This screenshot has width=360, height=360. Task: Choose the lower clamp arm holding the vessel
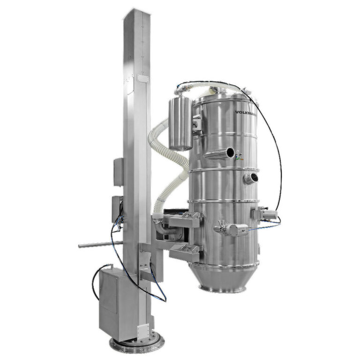click(x=185, y=251)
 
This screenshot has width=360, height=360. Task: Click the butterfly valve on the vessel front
click(x=232, y=229)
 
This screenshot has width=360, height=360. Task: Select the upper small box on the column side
click(x=118, y=172)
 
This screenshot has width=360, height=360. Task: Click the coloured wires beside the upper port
click(x=240, y=155)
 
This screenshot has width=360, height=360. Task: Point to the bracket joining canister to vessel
click(x=196, y=123)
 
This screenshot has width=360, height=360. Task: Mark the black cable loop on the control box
click(x=97, y=281)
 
